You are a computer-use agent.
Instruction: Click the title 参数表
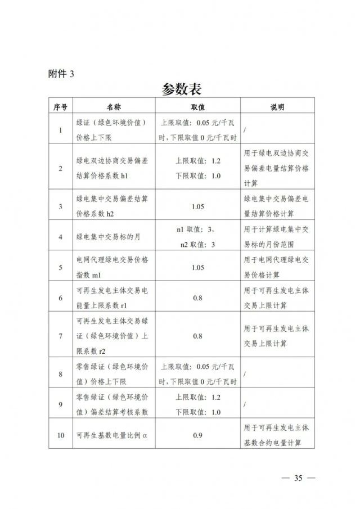(181, 89)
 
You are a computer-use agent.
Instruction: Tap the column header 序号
(61, 107)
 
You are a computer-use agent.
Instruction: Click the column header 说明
(277, 107)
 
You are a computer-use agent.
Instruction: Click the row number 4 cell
(61, 237)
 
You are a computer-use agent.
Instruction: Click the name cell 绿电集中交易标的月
(108, 237)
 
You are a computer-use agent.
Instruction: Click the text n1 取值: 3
(195, 229)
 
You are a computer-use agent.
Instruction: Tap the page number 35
(298, 479)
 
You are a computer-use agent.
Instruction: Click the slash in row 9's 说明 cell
(246, 404)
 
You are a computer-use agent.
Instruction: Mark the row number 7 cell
(61, 336)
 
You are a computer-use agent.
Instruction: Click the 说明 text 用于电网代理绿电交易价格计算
(277, 268)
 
